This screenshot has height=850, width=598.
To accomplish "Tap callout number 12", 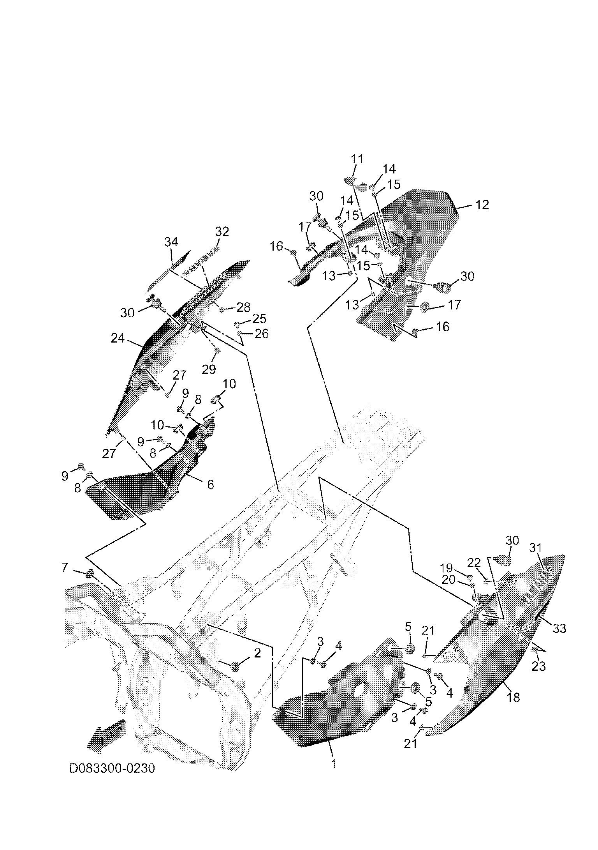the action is coord(482,205).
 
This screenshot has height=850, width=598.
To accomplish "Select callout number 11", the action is coord(357,159).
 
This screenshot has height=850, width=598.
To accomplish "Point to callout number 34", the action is coord(171,242).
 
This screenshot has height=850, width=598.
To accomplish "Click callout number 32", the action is coord(222,231).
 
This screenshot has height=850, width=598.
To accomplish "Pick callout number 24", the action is coord(118,338).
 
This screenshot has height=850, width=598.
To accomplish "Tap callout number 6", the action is coord(210,484).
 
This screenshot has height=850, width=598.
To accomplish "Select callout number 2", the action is coord(257,653).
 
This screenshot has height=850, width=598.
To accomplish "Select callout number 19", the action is coord(447,567).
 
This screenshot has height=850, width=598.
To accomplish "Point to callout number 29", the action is coord(209,369).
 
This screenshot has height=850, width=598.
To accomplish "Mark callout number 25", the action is coord(260,319).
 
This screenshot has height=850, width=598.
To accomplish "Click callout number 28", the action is coord(243,307).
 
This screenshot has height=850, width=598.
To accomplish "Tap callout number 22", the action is coord(474,562).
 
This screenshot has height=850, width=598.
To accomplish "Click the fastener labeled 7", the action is coord(90,573).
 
